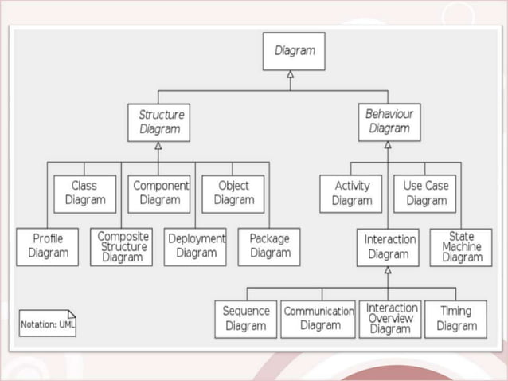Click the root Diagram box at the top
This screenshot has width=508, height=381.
[x=294, y=51]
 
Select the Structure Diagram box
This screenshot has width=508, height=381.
[x=158, y=122]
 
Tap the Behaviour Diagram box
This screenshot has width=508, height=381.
[x=389, y=122]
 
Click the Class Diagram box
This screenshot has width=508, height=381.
[x=84, y=194]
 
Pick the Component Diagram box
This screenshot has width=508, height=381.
[x=159, y=194]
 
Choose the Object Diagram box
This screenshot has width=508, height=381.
[x=233, y=194]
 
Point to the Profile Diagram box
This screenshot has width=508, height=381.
[x=48, y=246]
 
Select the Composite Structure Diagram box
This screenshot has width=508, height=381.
[x=122, y=246]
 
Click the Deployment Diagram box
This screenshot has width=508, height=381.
[x=195, y=246]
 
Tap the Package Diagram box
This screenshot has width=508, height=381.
[x=269, y=246]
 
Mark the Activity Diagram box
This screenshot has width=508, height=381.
[x=351, y=194]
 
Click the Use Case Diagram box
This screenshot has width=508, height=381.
[x=425, y=194]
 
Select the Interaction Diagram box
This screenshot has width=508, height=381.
[x=389, y=246]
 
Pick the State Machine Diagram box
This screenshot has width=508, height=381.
[x=461, y=246]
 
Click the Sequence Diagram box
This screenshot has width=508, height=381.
[x=246, y=319]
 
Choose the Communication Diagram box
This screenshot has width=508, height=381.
[x=318, y=319]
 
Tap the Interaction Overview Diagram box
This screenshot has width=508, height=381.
[x=390, y=319]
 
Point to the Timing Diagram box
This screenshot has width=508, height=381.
[x=456, y=319]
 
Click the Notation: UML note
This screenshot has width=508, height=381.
[x=48, y=324]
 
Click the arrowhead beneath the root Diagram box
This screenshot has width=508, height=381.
[x=291, y=75]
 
